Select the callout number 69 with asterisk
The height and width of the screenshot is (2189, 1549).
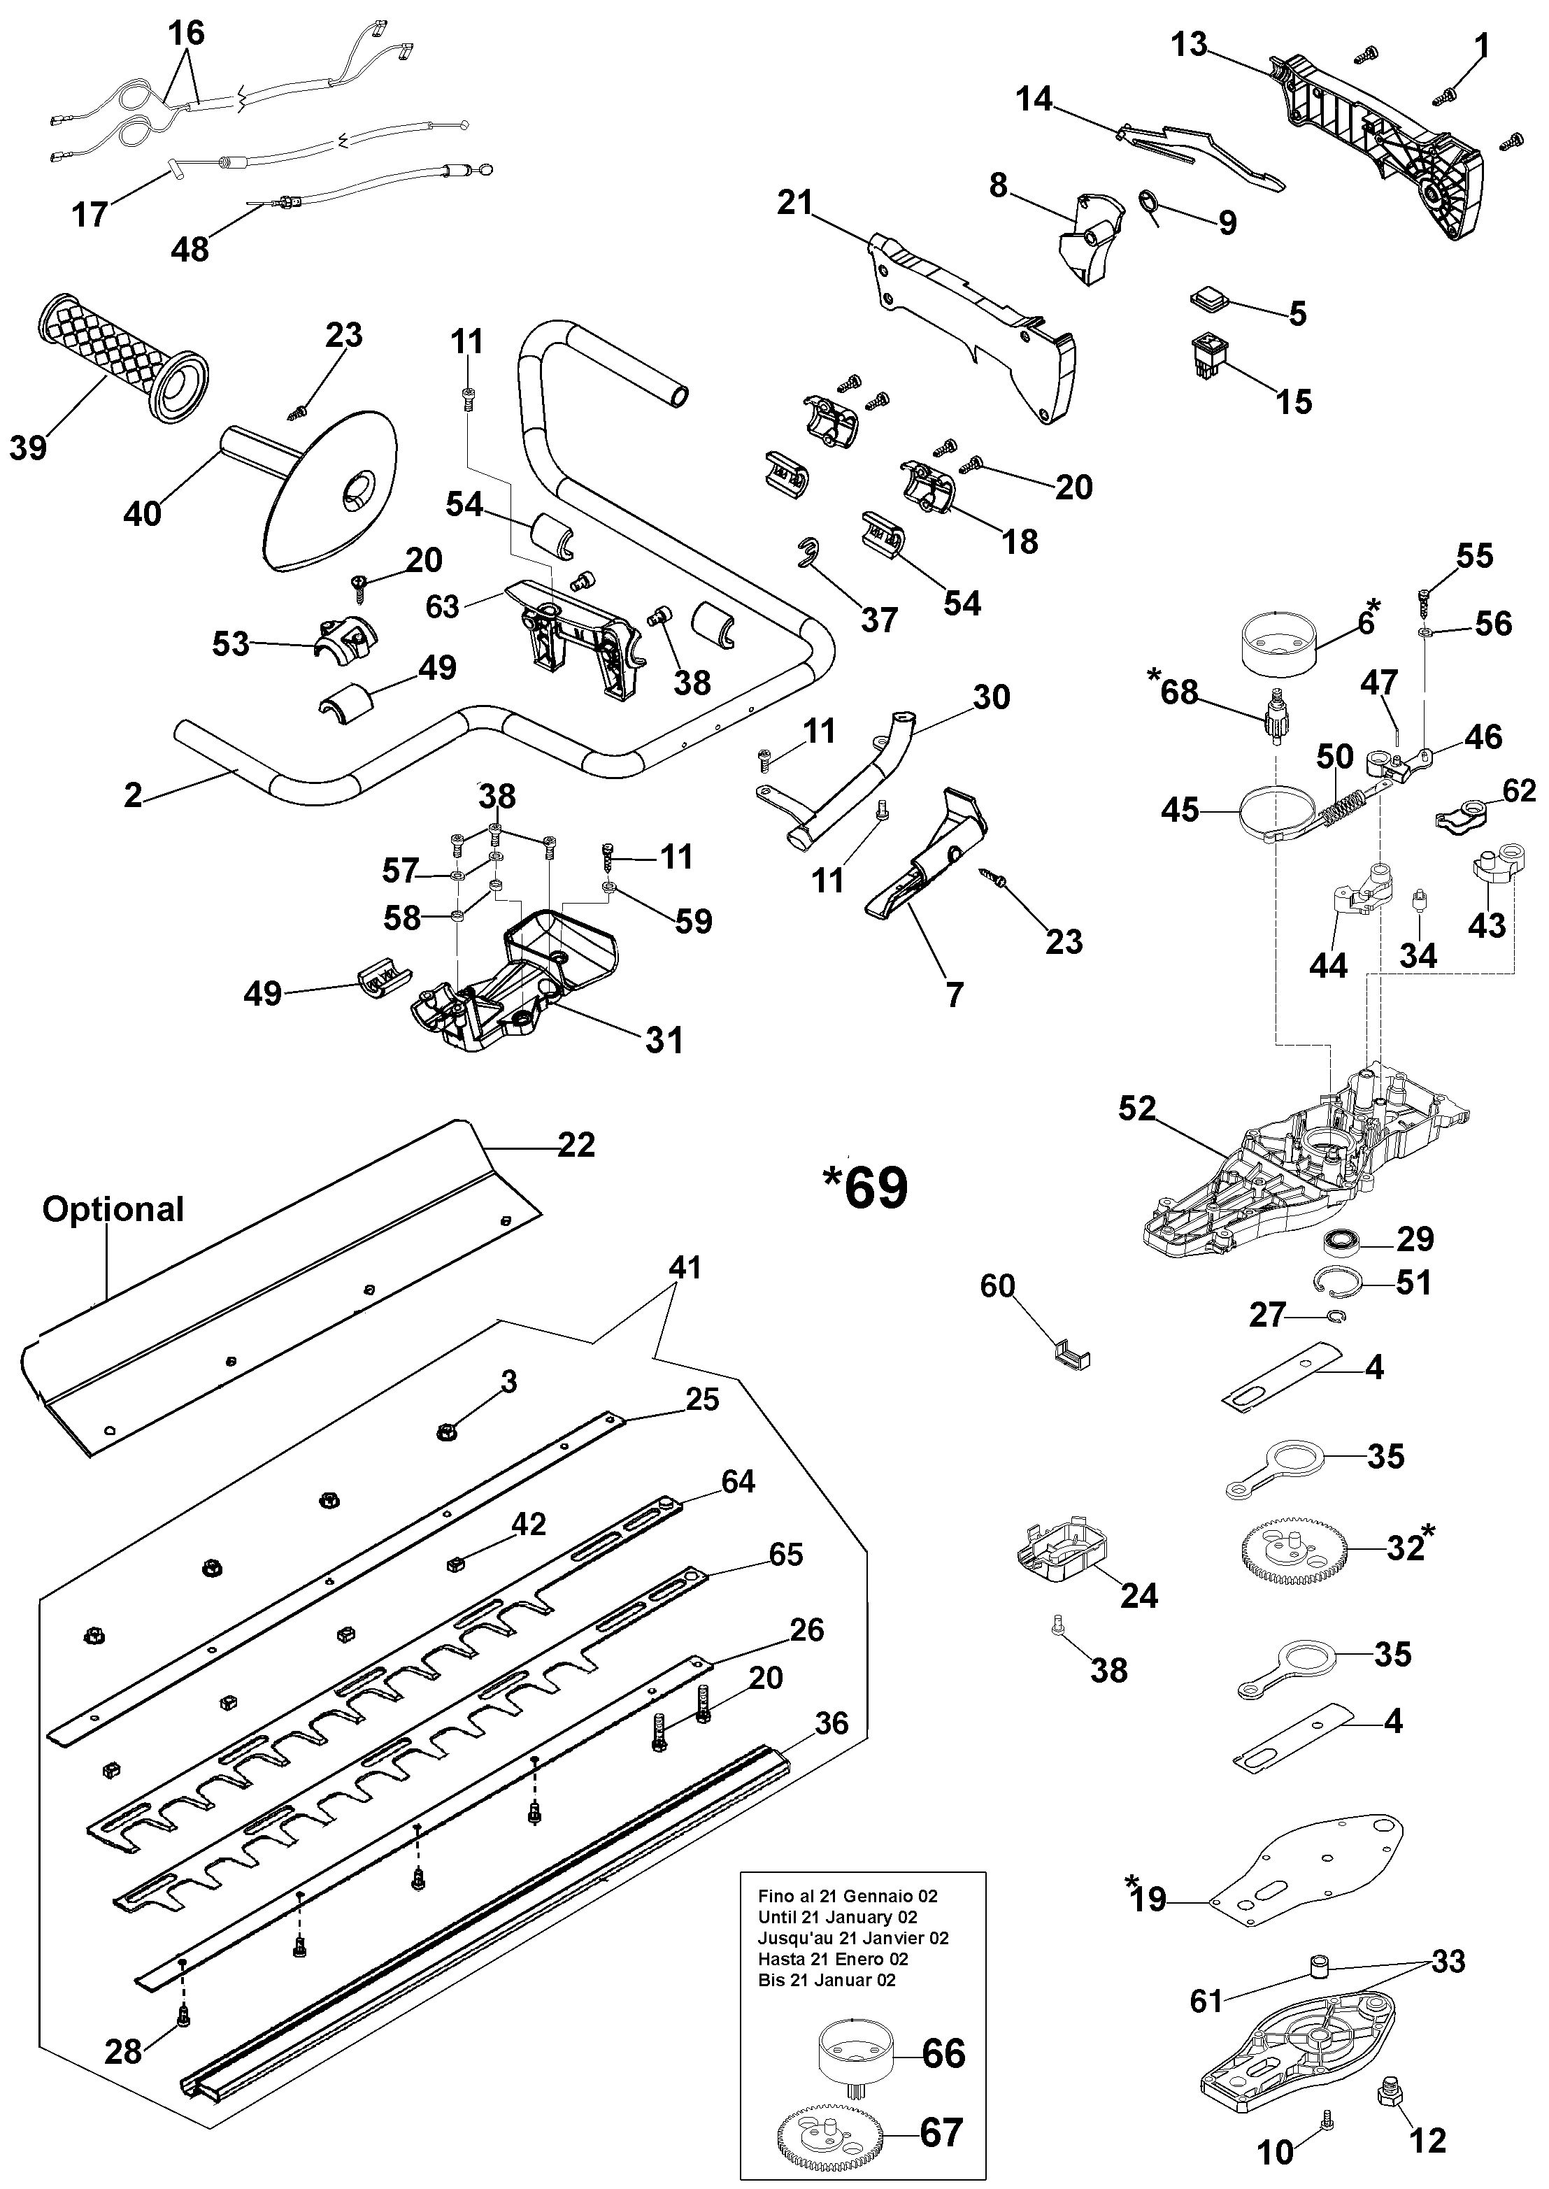click(x=865, y=1188)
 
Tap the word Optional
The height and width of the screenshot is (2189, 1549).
click(x=113, y=1209)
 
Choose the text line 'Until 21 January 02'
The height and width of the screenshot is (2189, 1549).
click(x=838, y=1916)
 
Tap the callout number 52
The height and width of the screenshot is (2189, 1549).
click(x=1137, y=1108)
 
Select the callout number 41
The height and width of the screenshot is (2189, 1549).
click(x=685, y=1268)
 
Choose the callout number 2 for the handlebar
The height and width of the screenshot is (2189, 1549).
click(x=133, y=794)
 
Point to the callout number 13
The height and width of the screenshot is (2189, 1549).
click(x=1190, y=45)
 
